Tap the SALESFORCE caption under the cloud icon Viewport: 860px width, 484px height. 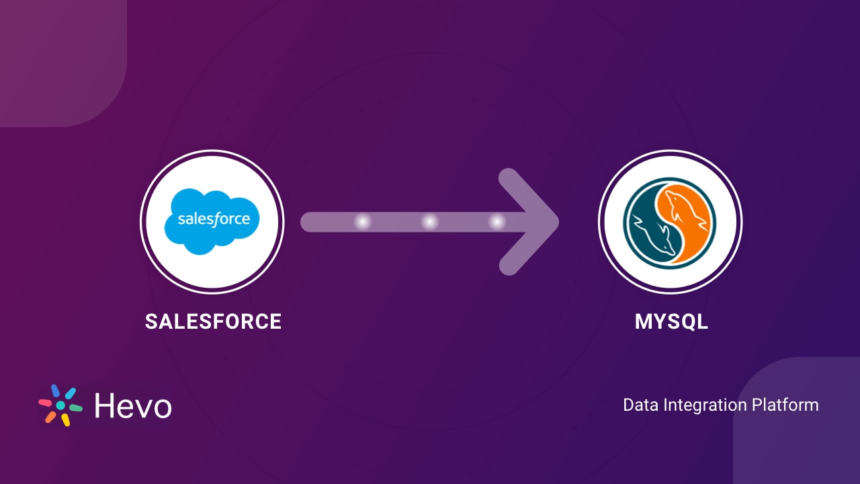coord(213,321)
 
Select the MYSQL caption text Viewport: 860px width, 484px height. coord(671,321)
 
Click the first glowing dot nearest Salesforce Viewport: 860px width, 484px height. coord(363,222)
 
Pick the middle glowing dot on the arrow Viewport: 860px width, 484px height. coord(430,222)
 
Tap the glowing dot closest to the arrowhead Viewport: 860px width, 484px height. coord(497,222)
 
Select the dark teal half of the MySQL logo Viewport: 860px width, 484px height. coord(649,225)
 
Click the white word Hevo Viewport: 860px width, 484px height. coord(132,405)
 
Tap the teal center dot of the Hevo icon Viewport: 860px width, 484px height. coord(60,405)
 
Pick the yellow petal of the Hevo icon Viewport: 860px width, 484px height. coord(66,420)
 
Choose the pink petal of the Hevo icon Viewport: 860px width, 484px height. coord(45,402)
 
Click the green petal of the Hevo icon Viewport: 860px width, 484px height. coord(75,408)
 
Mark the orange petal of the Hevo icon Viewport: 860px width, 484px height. coord(50,417)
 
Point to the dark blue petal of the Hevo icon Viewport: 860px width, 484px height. coord(55,391)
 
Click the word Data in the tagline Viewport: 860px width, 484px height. coord(640,405)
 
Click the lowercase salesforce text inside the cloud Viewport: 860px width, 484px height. coord(214,219)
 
